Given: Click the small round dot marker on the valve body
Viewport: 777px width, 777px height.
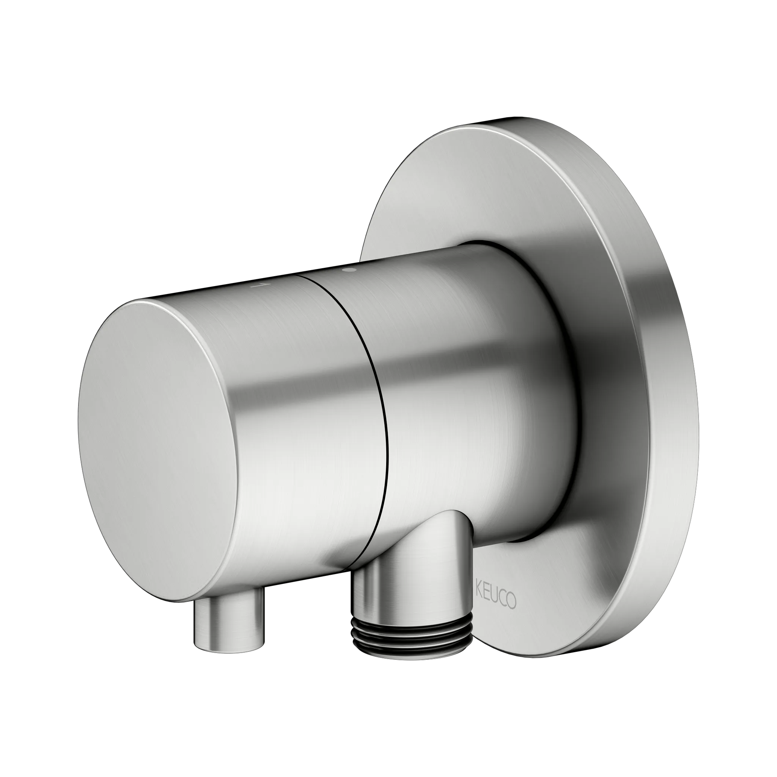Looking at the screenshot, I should coord(349,271).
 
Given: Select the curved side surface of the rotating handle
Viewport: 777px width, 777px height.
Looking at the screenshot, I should coord(289,402).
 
